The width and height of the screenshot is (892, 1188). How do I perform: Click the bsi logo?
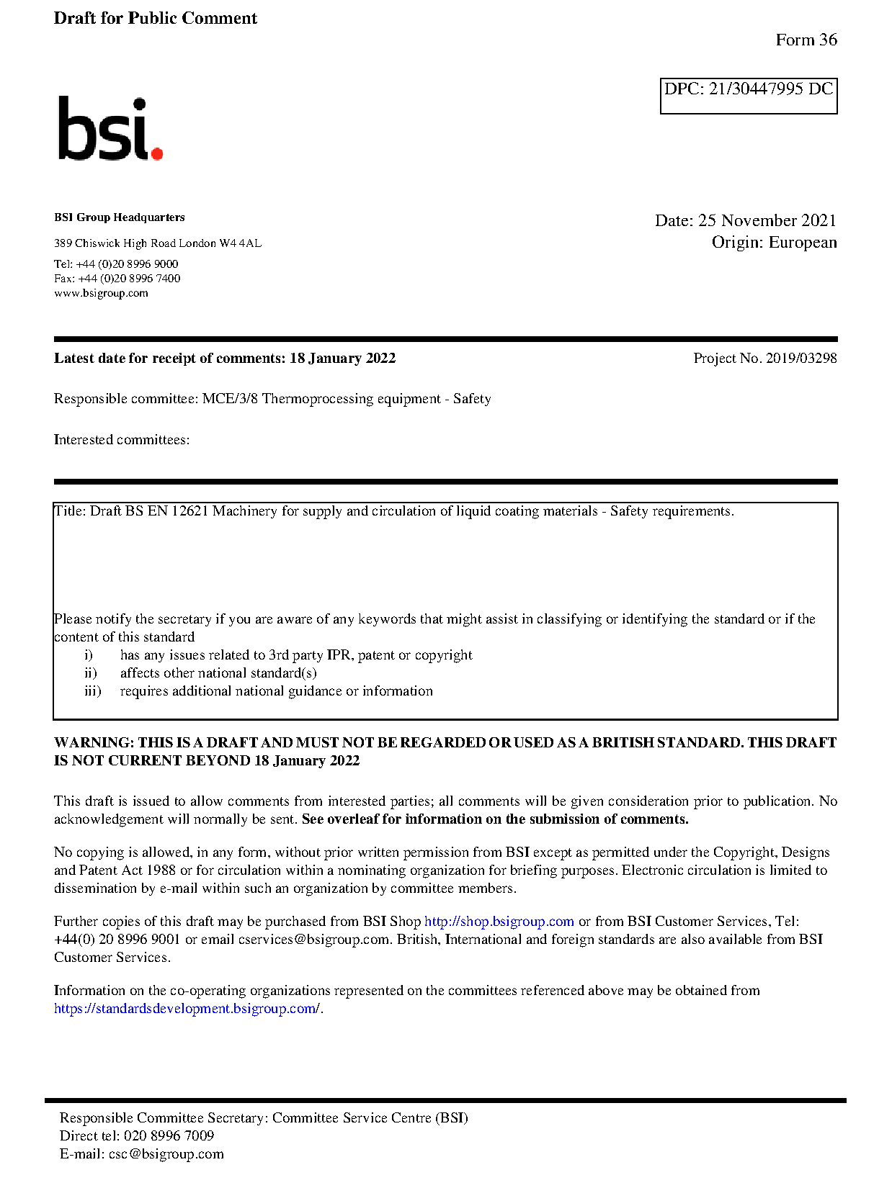110,130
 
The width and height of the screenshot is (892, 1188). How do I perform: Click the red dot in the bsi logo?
157,153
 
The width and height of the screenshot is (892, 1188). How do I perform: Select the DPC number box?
748,96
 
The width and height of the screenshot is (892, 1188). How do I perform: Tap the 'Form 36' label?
806,40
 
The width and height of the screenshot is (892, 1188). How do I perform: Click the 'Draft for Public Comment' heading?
155,19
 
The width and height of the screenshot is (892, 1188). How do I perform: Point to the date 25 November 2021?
767,221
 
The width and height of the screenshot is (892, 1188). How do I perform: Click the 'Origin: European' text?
774,243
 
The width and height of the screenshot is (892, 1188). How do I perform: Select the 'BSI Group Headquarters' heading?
119,217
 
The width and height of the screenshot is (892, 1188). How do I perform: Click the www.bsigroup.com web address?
101,293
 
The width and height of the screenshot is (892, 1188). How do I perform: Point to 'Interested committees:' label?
122,440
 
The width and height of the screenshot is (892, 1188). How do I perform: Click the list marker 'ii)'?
91,673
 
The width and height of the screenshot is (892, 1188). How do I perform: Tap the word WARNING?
94,743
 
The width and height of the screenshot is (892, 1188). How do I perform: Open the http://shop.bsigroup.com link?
499,922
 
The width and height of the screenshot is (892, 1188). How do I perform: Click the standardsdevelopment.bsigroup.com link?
187,1009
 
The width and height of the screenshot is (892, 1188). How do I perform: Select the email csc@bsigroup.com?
166,1154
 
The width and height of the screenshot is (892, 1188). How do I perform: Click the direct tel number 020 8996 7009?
169,1136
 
